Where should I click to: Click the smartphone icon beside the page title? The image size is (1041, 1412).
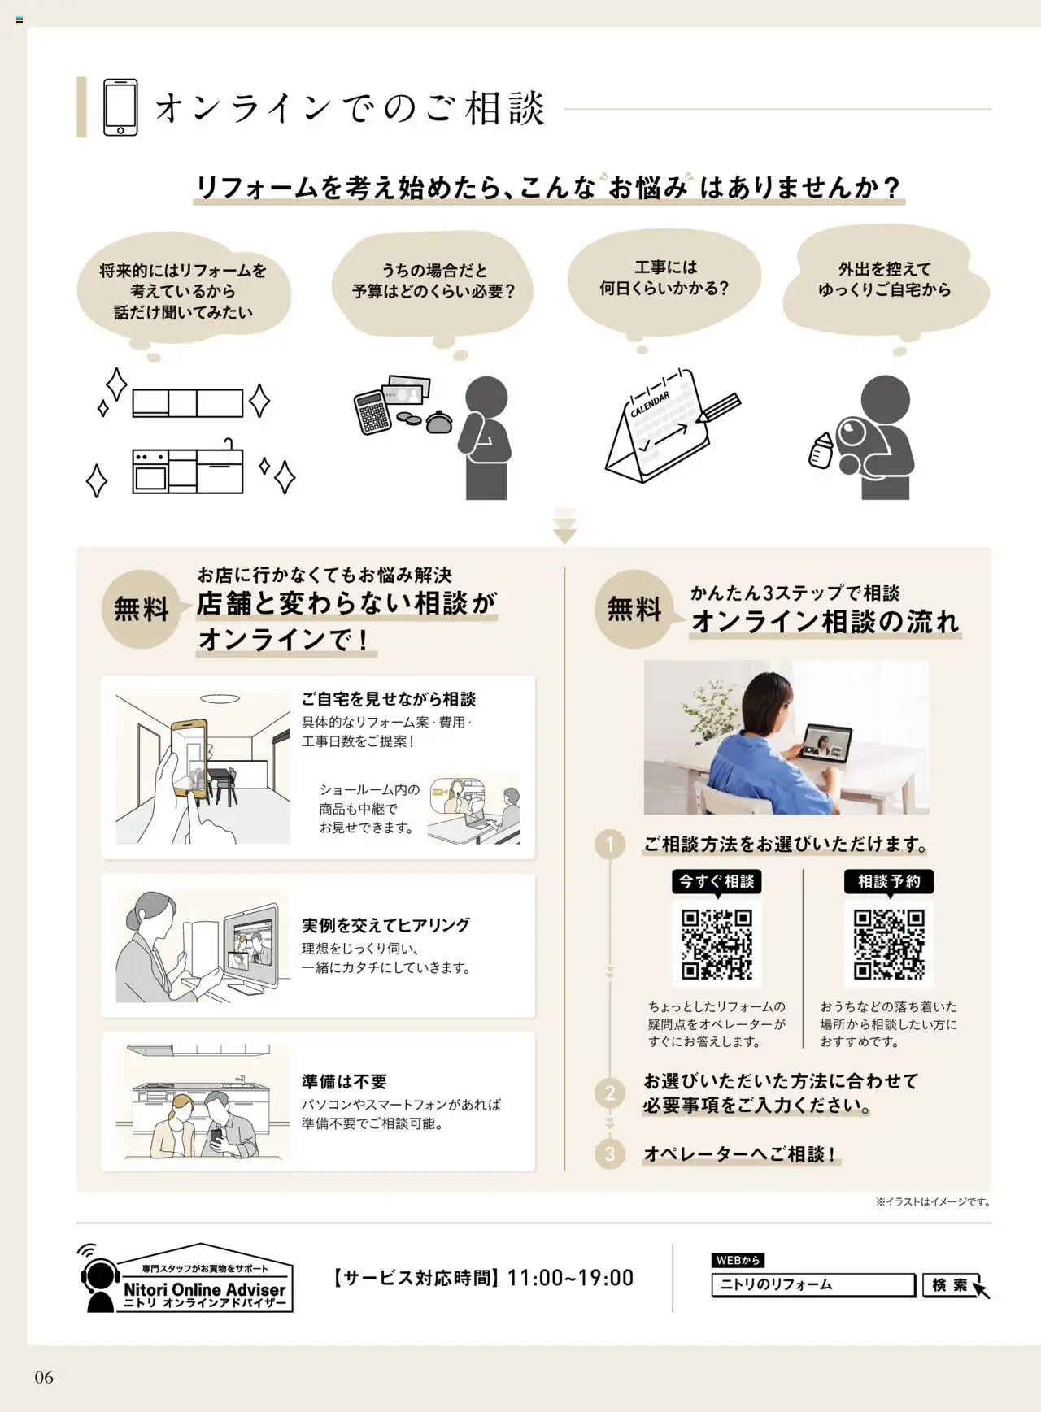tap(120, 107)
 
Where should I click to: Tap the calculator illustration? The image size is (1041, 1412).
tap(374, 411)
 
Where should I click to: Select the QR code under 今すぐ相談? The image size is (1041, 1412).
tap(717, 944)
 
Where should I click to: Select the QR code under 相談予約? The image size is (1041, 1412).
tap(889, 944)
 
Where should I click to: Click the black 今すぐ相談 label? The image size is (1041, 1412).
tap(717, 881)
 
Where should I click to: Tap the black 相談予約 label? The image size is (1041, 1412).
tap(889, 881)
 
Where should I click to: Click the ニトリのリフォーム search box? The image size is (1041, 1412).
tap(812, 1285)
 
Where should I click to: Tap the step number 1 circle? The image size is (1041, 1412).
tap(610, 845)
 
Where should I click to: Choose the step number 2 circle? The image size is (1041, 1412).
tap(610, 1093)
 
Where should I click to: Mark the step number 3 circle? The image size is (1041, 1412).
tap(610, 1153)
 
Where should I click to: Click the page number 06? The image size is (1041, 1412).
tap(44, 1377)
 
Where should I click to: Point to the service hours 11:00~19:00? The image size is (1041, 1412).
tap(570, 1278)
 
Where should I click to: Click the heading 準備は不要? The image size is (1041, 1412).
tap(344, 1082)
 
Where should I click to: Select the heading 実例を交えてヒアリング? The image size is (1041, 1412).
tap(385, 925)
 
